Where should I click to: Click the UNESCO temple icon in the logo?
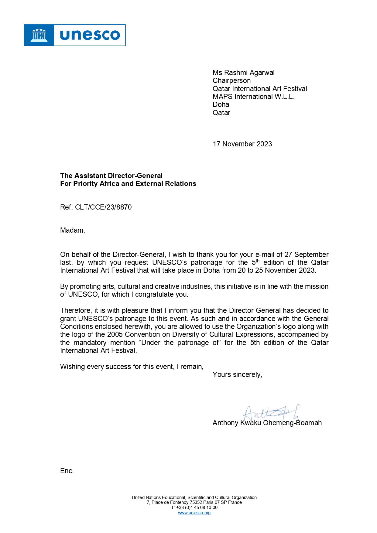coord(39,35)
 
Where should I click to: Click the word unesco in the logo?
coord(90,35)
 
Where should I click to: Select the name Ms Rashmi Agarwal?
coord(243,73)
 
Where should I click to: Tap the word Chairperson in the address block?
coord(231,81)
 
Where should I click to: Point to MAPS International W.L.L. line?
coord(253,97)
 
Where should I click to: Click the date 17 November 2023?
coord(242,144)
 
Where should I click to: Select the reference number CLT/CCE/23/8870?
coord(103,207)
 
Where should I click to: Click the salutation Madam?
coord(72,231)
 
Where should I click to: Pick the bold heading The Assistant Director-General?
coord(111,176)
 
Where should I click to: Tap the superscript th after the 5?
coord(258,261)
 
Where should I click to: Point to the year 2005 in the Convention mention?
coord(115,335)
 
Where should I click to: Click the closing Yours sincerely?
coord(237,375)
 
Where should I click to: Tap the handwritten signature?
coord(270,414)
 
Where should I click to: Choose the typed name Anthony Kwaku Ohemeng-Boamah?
coord(267,423)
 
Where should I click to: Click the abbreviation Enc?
coord(67,471)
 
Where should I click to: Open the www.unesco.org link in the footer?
coord(194,513)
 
